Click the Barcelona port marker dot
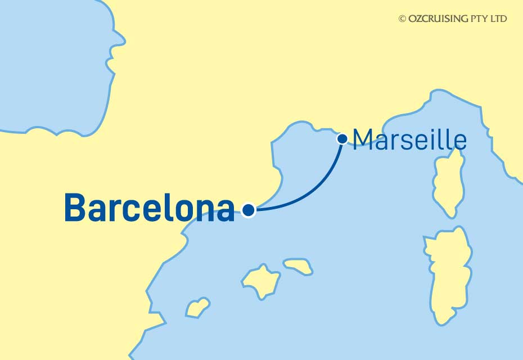(249, 210)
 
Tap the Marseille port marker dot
(341, 138)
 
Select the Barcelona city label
(150, 208)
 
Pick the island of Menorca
(298, 266)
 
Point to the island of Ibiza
(197, 307)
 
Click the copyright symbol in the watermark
(402, 19)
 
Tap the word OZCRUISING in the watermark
(436, 19)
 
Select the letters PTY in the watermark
(479, 19)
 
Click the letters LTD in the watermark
(499, 19)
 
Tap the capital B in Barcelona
(76, 208)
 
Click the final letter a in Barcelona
(225, 211)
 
